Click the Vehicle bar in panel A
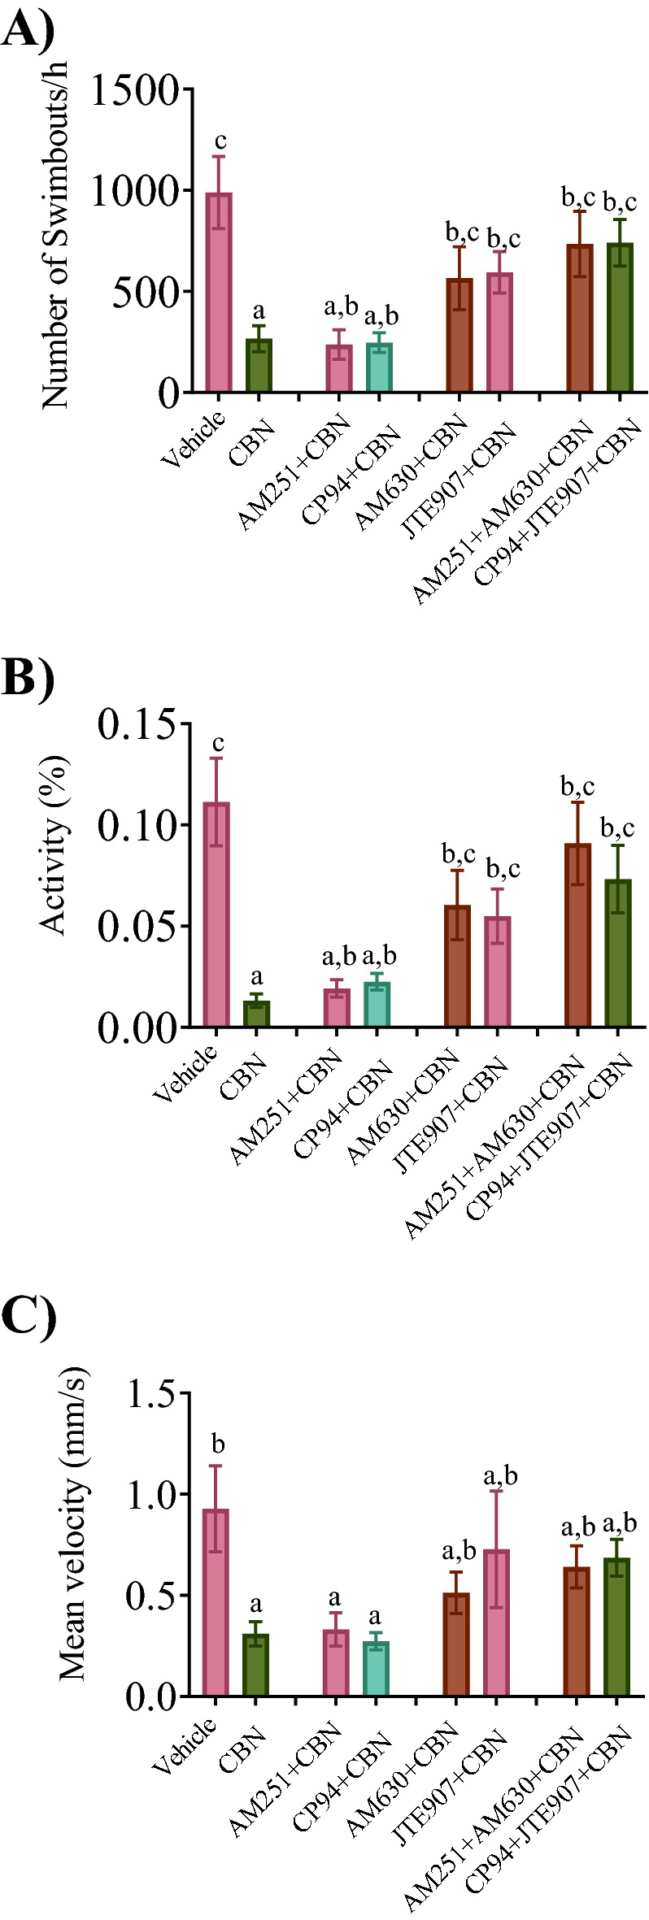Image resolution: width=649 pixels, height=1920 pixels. pos(218,293)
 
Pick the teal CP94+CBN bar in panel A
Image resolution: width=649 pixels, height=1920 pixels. pos(379,367)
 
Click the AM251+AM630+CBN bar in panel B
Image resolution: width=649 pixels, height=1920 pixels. pos(577,935)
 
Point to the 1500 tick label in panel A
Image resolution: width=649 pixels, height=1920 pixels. pos(135,90)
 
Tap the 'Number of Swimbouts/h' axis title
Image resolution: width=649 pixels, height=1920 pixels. pos(55,240)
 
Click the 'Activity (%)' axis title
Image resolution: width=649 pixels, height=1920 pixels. pos(54,845)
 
